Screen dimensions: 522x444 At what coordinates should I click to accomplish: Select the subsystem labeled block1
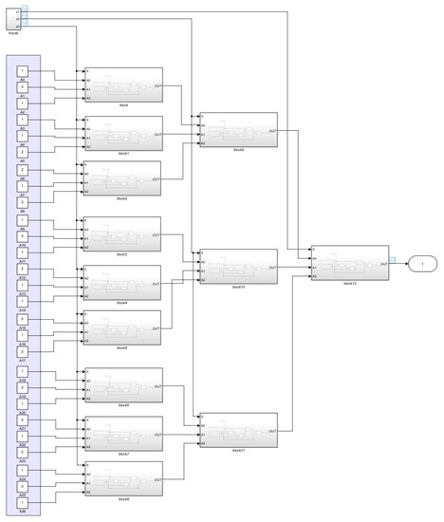(x=123, y=133)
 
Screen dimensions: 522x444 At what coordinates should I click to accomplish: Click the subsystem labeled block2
(x=123, y=178)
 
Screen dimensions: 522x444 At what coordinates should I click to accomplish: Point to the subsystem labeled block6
(x=123, y=384)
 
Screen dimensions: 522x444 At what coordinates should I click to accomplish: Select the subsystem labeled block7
(x=123, y=432)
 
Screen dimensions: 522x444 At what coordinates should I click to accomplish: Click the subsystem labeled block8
(x=123, y=477)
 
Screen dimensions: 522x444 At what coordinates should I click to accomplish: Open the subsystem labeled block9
(x=238, y=130)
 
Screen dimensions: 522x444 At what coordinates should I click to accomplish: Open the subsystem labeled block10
(x=238, y=266)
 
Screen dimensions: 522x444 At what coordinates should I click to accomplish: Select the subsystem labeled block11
(x=238, y=429)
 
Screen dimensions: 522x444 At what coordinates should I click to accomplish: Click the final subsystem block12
(x=349, y=263)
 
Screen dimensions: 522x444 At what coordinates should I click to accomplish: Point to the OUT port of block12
(x=382, y=263)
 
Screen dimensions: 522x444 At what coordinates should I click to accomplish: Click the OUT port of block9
(x=272, y=130)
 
